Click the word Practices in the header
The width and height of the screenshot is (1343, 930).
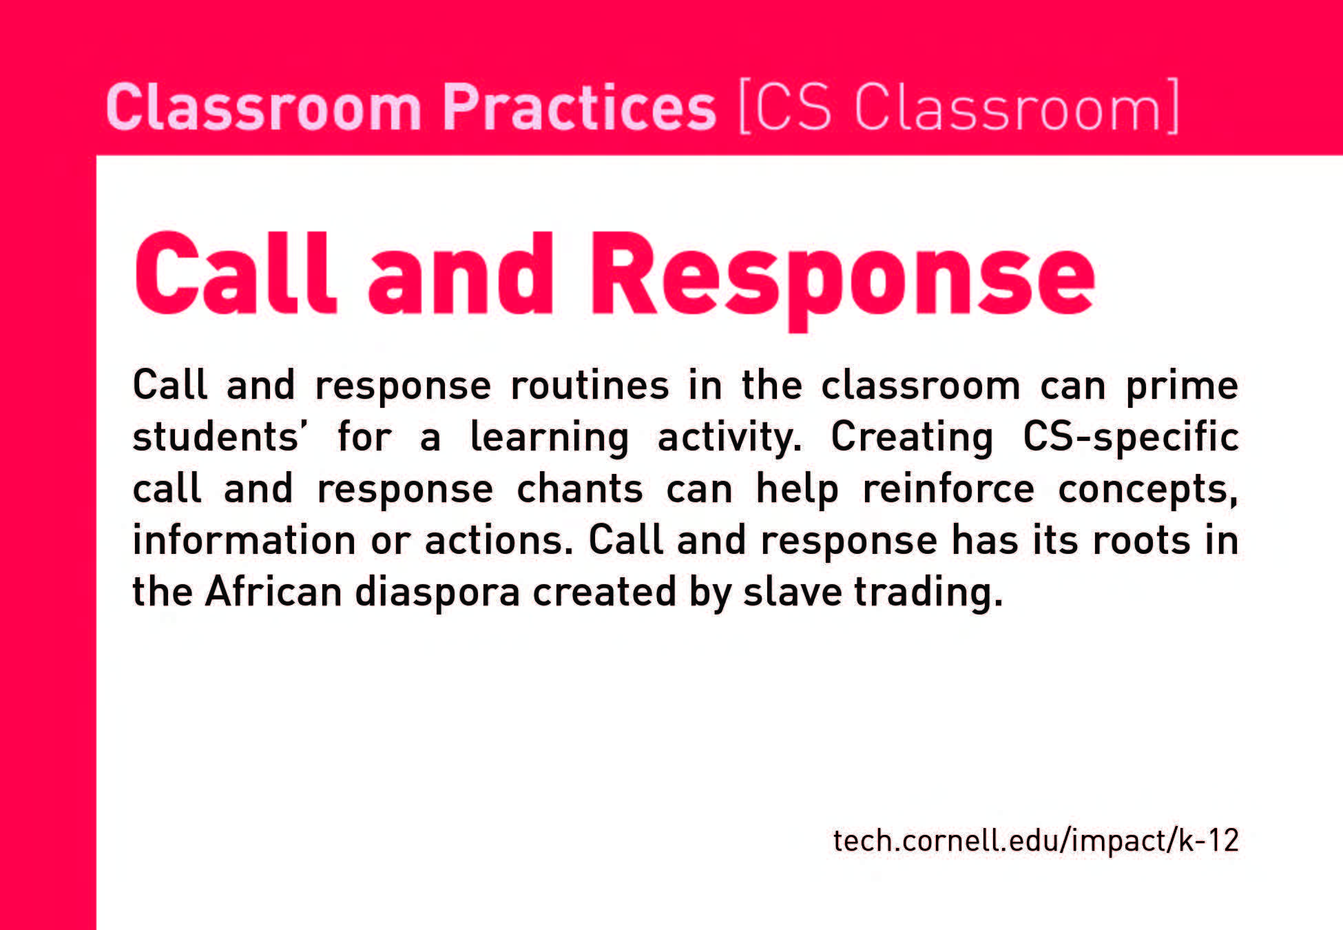tap(579, 107)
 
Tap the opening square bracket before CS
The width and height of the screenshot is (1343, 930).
tap(745, 107)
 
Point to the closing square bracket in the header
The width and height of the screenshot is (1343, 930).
tap(1171, 107)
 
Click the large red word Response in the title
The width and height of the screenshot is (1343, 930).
tap(842, 280)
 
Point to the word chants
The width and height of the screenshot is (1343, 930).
tap(580, 488)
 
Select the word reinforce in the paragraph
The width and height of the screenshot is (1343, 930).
tap(948, 488)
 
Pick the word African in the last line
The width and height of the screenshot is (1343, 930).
tap(273, 592)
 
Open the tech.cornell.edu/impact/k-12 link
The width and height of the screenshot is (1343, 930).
tap(1036, 841)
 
